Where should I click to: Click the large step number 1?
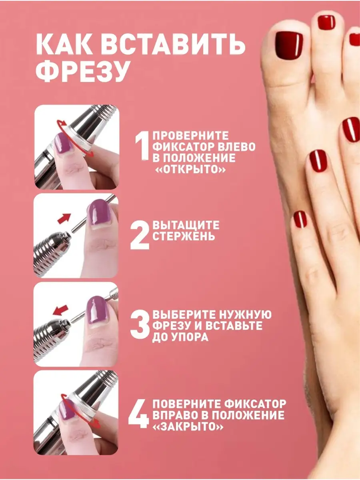click(142, 146)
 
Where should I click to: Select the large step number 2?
click(140, 235)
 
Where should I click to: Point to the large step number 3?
click(140, 324)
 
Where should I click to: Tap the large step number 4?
click(139, 414)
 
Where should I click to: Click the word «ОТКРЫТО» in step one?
click(190, 170)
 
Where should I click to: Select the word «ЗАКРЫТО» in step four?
click(188, 426)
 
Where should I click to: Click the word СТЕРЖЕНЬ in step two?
click(184, 236)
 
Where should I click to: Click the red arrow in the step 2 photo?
click(64, 218)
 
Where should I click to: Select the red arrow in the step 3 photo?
click(60, 310)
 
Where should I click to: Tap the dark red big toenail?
click(289, 44)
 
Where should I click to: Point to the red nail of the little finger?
click(300, 219)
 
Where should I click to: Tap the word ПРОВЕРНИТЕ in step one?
click(191, 136)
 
